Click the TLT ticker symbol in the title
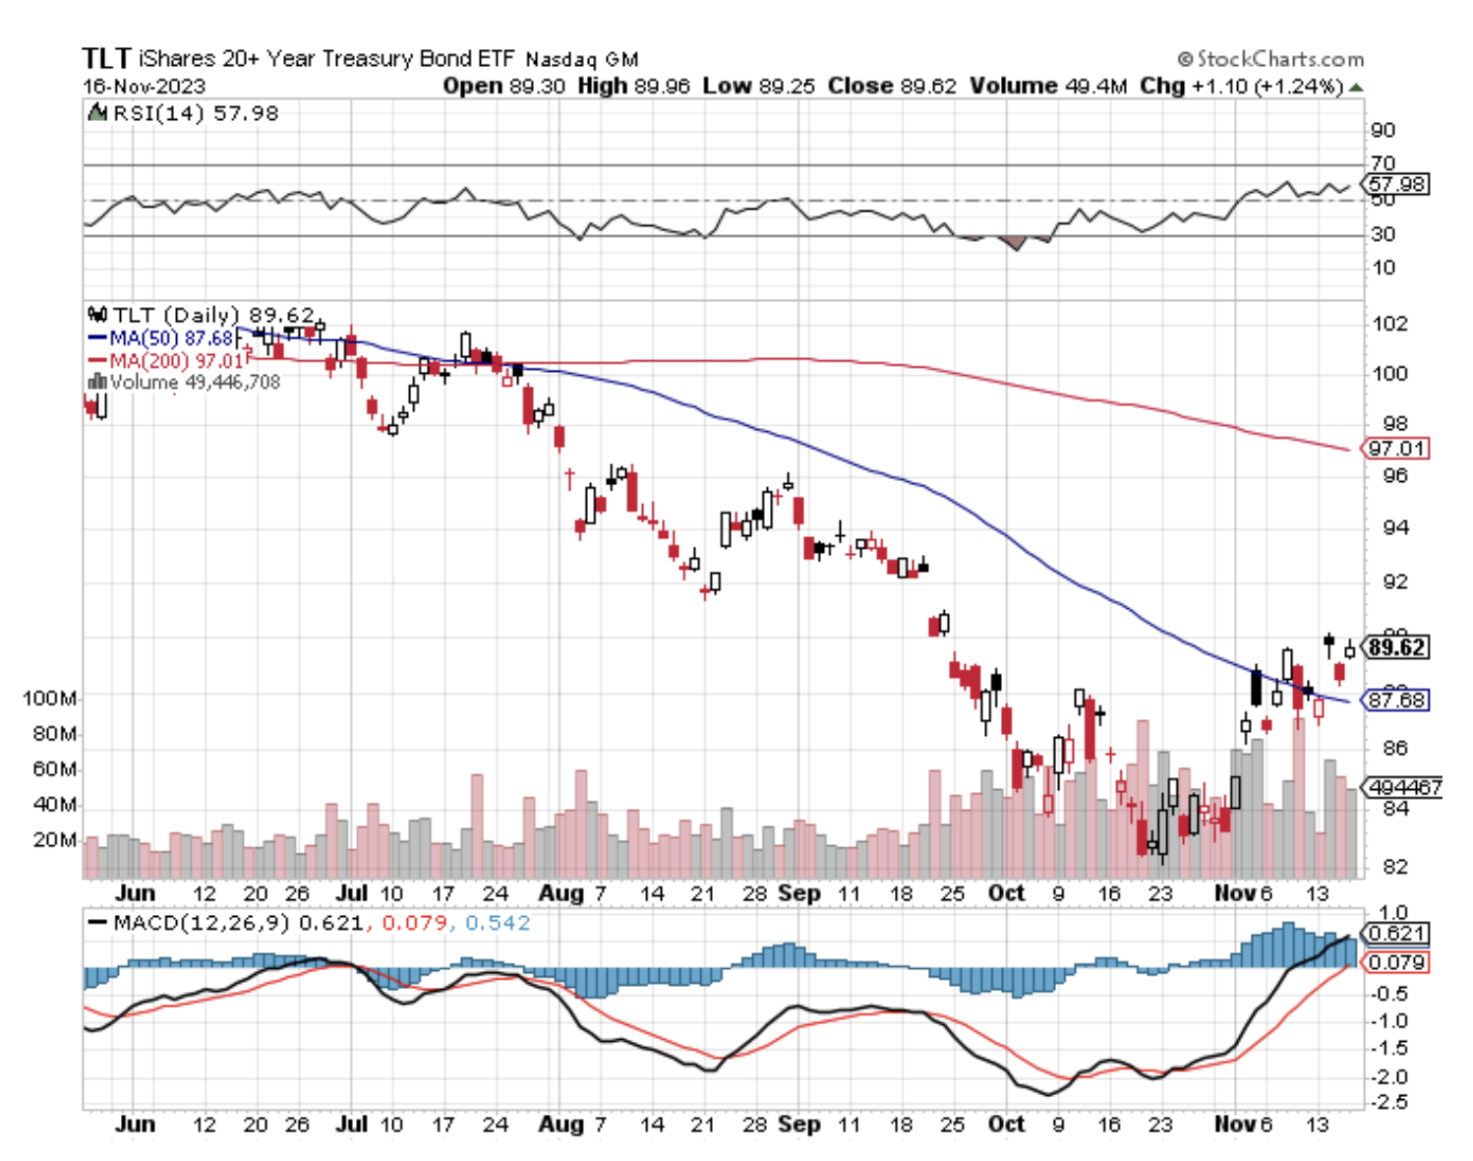105,58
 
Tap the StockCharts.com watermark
1270,59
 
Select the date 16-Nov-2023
144,86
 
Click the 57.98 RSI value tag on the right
1396,184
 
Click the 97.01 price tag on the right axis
1396,449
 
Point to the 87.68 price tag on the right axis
1396,701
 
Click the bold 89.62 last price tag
1396,647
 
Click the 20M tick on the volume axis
54,840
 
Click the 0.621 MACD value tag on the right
1396,934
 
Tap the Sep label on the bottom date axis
798,1124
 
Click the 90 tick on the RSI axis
1383,130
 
